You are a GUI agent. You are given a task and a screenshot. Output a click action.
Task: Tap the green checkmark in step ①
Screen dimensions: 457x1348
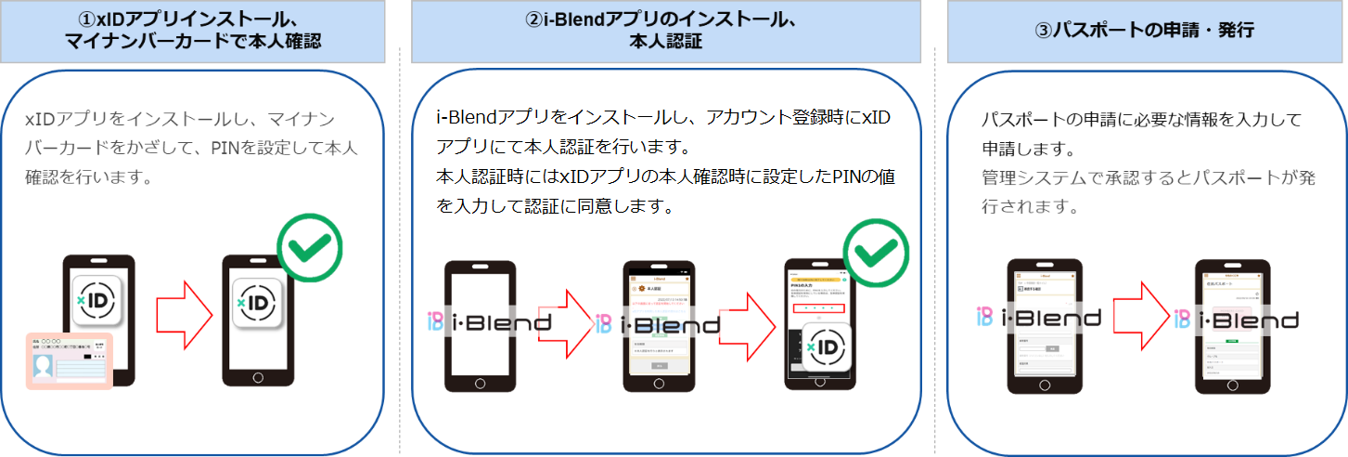[x=310, y=248]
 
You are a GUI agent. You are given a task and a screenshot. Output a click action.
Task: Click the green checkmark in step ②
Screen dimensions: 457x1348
[x=875, y=253]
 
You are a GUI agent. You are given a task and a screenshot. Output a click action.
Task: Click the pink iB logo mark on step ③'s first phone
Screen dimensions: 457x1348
[x=986, y=318]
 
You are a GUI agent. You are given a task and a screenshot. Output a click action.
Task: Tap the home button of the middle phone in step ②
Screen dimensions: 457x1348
[x=659, y=384]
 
